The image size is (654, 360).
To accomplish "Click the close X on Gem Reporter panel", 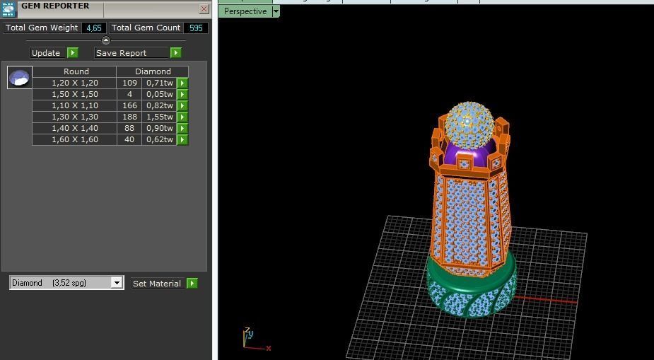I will [204, 9].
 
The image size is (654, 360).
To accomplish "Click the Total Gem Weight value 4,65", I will [93, 28].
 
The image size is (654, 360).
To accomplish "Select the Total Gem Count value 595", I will [196, 28].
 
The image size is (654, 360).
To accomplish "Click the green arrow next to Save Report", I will [175, 53].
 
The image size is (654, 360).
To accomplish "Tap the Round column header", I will [76, 71].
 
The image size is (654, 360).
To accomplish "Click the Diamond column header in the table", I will [153, 71].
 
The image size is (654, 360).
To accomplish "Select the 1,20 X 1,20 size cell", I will [74, 83].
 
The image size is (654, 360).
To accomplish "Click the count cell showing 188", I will [129, 117].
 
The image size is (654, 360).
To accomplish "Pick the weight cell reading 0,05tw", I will [159, 94].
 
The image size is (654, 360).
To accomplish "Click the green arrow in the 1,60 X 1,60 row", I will [182, 139].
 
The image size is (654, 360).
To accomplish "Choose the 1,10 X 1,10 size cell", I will [74, 105].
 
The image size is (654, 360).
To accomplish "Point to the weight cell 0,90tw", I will [159, 128].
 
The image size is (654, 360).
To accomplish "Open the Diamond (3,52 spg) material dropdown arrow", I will [117, 283].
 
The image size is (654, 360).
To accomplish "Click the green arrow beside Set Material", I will [192, 284].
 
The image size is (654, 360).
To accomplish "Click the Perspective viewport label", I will [245, 11].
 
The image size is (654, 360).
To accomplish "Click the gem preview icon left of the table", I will [19, 78].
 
